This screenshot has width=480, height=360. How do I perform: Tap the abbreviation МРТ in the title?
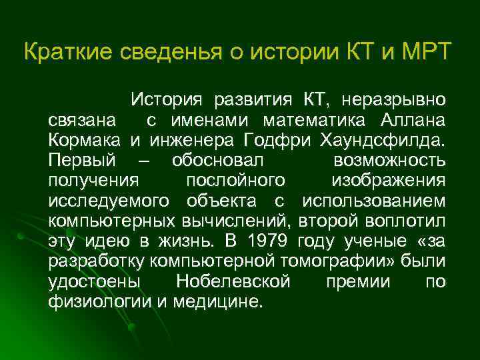pyautogui.click(x=425, y=52)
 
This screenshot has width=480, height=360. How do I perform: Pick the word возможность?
pyautogui.click(x=388, y=161)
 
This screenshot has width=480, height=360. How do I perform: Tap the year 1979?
pyautogui.click(x=269, y=241)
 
